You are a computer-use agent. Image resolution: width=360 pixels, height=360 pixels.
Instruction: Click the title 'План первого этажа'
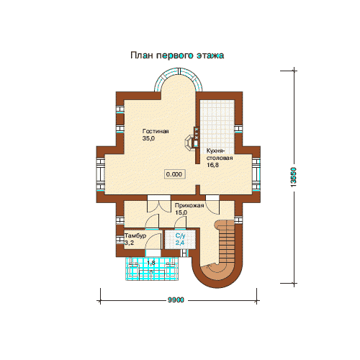pyautogui.click(x=177, y=55)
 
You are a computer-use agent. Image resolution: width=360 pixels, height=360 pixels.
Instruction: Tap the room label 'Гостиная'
pyautogui.click(x=156, y=131)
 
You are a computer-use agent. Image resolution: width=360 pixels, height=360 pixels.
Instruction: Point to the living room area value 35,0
pyautogui.click(x=148, y=138)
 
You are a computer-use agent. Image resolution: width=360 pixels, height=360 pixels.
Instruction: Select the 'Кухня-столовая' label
pyautogui.click(x=220, y=154)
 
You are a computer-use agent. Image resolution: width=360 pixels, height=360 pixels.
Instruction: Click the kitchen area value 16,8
pyautogui.click(x=212, y=165)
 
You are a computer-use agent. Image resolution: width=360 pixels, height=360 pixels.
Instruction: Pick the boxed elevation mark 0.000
pyautogui.click(x=174, y=174)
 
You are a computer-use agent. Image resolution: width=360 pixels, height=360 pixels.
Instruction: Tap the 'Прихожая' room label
pyautogui.click(x=189, y=205)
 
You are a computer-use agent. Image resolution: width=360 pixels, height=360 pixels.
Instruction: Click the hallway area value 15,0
pyautogui.click(x=181, y=212)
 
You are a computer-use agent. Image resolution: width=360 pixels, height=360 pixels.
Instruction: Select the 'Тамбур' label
pyautogui.click(x=135, y=235)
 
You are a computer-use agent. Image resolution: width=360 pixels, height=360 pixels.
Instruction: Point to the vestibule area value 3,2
pyautogui.click(x=129, y=243)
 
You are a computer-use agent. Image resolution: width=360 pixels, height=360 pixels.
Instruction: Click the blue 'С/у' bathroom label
pyautogui.click(x=180, y=235)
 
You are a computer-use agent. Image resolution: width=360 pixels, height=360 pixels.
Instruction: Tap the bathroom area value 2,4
pyautogui.click(x=180, y=243)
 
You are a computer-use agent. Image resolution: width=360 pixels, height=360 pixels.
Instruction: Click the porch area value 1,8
pyautogui.click(x=151, y=263)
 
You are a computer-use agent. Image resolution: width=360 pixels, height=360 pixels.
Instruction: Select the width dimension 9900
pyautogui.click(x=176, y=300)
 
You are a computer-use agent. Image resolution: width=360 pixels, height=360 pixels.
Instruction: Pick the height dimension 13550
pyautogui.click(x=294, y=177)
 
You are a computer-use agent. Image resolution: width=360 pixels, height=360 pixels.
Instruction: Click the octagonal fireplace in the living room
pyautogui.click(x=189, y=143)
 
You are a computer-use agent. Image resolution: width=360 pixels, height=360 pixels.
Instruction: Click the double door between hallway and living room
pyautogui.click(x=158, y=204)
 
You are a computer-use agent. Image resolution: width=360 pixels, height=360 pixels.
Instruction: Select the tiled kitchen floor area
pyautogui.click(x=217, y=127)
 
